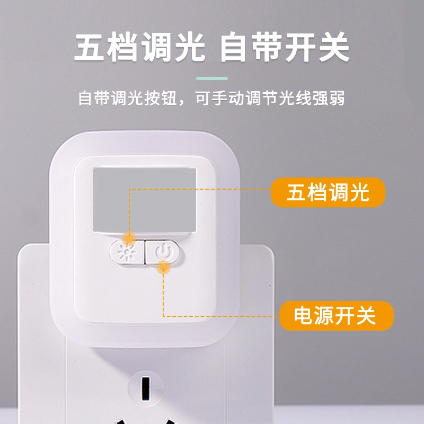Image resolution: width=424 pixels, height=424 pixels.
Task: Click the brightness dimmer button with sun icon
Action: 126,252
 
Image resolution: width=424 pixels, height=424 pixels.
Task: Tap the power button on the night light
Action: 163,252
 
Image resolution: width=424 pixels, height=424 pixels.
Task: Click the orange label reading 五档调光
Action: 328,192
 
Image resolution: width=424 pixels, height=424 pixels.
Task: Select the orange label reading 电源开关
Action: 336,315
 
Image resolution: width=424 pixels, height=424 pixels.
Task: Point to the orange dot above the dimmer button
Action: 129,238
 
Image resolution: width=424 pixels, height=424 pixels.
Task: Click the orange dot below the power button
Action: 163,267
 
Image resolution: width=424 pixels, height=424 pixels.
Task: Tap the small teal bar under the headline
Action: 212,78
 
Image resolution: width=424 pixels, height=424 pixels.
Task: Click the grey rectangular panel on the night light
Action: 145,200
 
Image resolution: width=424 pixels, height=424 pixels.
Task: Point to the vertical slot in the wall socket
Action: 146,387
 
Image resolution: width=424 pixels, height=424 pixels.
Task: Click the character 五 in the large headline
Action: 89,47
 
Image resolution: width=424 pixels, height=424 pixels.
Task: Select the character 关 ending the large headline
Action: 334,47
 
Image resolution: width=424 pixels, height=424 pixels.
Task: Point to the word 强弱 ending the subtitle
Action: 329,98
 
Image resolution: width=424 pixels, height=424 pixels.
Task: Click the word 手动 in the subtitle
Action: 228,98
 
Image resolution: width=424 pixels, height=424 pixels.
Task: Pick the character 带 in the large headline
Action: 267,47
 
